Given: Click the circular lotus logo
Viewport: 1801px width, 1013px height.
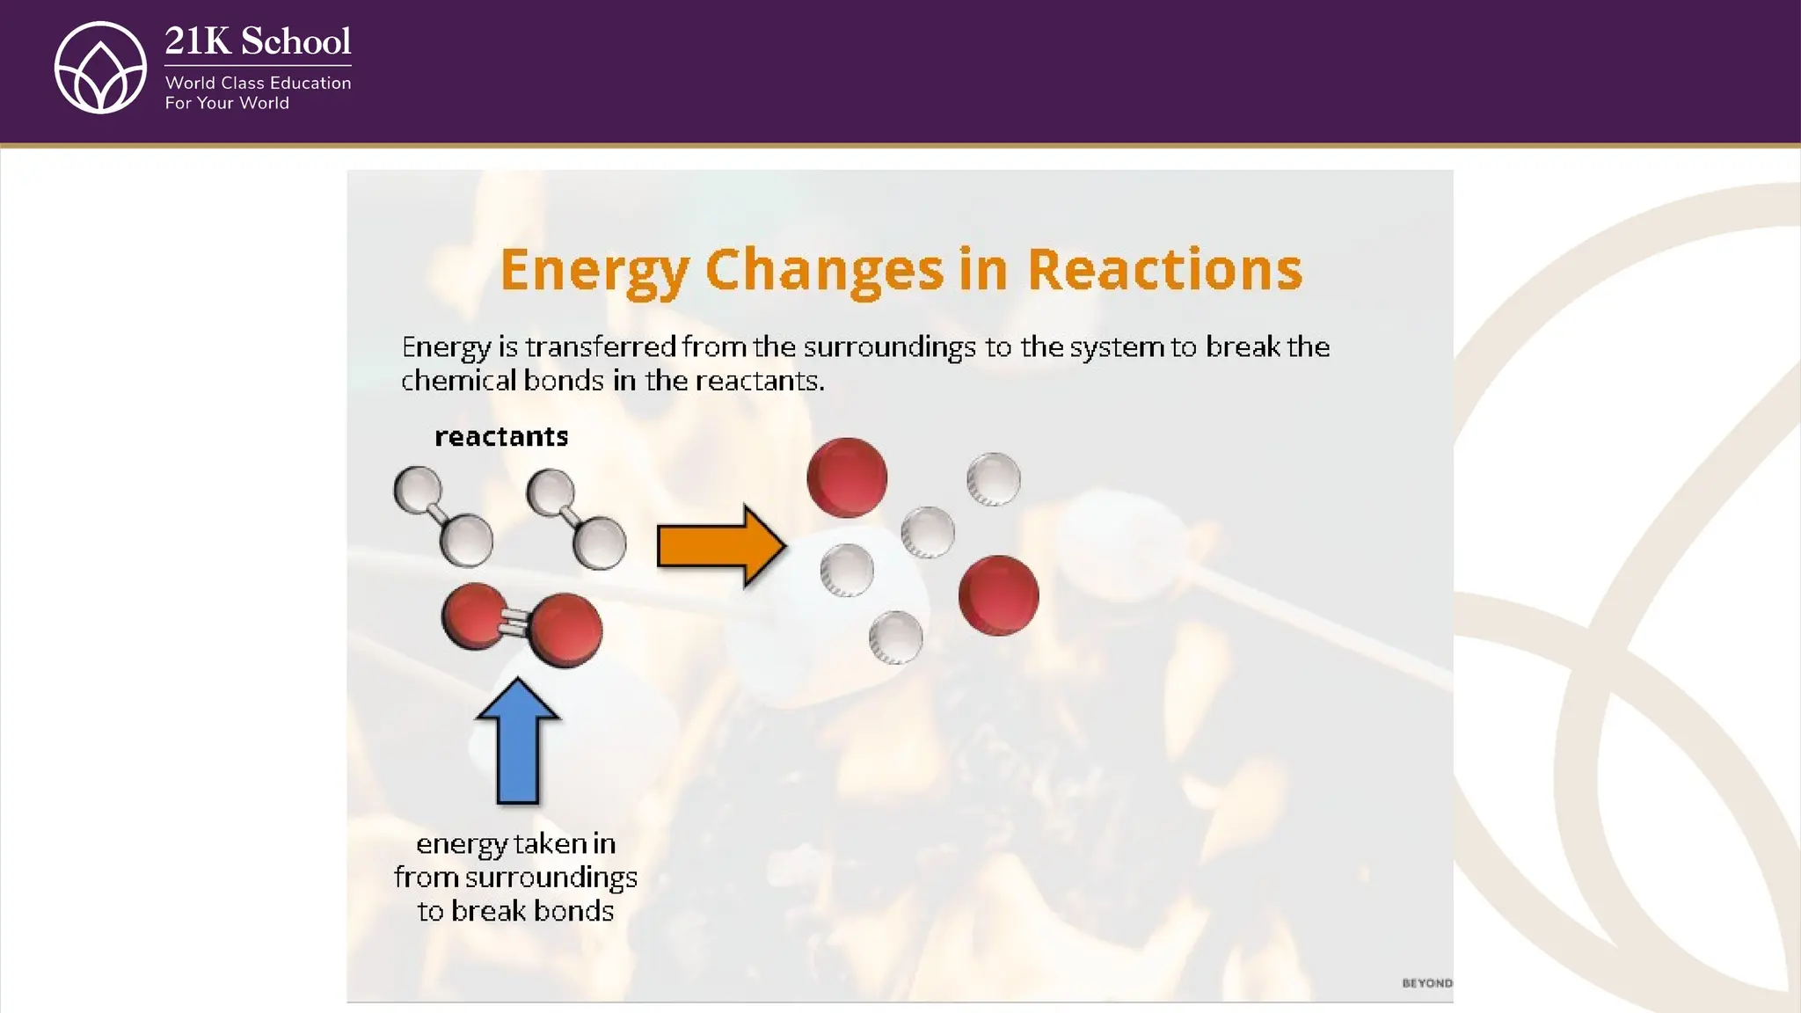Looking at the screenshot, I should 100,68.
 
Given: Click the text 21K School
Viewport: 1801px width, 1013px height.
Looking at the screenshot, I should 258,41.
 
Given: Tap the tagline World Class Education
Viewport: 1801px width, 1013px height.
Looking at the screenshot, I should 258,83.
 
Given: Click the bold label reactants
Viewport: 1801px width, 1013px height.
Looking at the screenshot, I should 501,436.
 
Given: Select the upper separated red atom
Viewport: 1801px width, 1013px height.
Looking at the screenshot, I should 847,477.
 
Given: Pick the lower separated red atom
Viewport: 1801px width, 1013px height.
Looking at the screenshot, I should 998,595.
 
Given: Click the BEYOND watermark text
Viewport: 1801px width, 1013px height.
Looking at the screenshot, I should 1426,983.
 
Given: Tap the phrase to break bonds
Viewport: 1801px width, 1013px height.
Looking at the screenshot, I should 515,911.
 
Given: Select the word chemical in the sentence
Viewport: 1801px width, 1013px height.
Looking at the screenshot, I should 457,381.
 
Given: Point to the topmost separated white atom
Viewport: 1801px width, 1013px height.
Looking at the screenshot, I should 994,479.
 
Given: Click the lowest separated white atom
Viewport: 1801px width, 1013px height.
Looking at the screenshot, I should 895,638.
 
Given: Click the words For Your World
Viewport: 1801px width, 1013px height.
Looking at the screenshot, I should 227,103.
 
